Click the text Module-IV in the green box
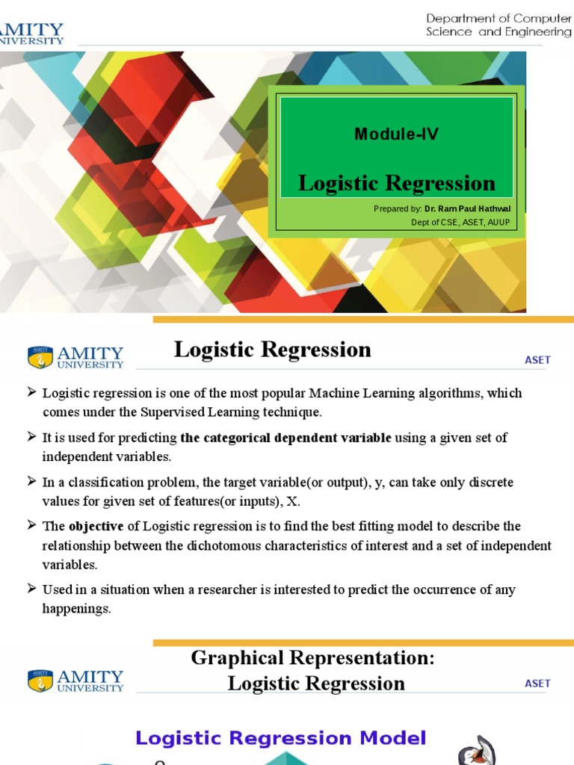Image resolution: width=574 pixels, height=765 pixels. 396,134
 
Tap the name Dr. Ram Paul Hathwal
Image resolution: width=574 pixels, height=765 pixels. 468,209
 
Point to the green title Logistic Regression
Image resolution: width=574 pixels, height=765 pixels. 396,183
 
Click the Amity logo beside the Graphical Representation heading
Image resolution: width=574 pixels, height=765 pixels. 75,680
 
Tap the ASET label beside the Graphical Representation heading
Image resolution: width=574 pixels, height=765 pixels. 537,683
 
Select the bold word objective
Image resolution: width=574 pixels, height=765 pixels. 96,526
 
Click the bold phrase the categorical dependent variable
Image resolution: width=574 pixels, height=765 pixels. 286,438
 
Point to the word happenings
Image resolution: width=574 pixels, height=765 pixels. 76,608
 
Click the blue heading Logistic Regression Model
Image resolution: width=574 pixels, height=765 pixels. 281,738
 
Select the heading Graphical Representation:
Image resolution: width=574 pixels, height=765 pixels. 312,657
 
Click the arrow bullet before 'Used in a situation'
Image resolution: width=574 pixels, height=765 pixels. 31,589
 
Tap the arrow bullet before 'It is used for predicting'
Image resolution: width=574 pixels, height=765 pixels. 31,436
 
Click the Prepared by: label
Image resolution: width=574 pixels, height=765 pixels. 398,209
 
